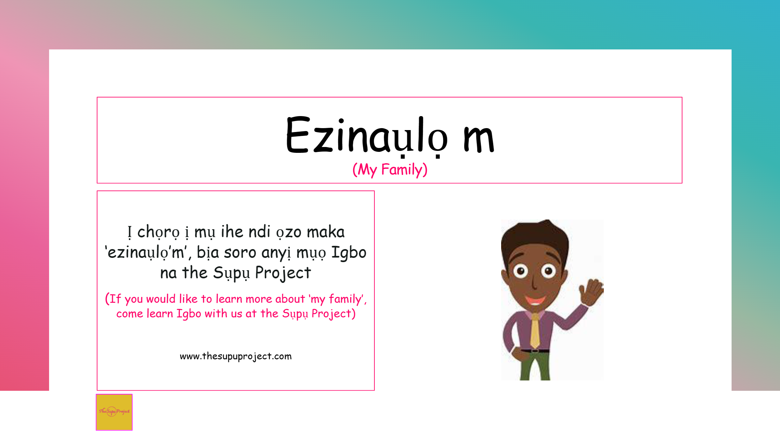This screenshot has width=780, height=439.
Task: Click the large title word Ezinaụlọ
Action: tap(367, 136)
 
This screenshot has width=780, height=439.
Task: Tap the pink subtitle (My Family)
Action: tap(390, 170)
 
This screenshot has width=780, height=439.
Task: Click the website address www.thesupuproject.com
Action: tap(236, 356)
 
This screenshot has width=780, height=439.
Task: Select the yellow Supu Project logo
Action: tap(114, 412)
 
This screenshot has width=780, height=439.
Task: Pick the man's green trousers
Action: tap(535, 366)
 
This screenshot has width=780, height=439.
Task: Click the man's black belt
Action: tap(535, 351)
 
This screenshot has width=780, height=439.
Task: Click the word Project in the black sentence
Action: tap(283, 273)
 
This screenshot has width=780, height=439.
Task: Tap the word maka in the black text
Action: tap(326, 232)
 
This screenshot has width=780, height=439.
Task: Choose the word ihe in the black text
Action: tap(232, 232)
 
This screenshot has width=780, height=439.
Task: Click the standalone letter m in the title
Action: tap(479, 140)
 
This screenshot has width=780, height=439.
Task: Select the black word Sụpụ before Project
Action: tap(231, 273)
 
